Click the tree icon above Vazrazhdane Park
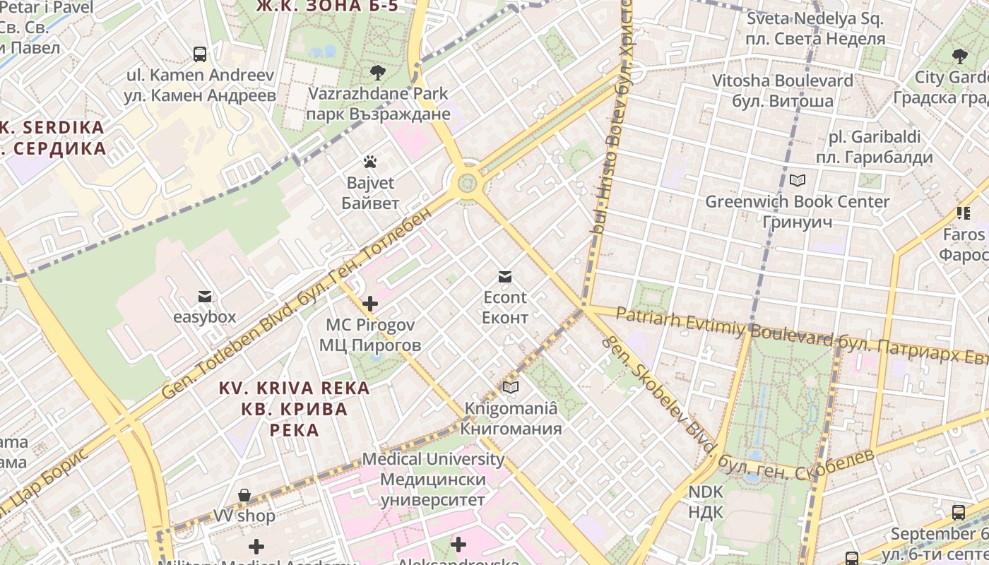pyautogui.click(x=378, y=71)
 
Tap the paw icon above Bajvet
pyautogui.click(x=370, y=162)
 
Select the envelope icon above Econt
pyautogui.click(x=505, y=276)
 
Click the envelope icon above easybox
pyautogui.click(x=205, y=296)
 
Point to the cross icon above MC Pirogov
pyautogui.click(x=370, y=304)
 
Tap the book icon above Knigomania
pyautogui.click(x=511, y=387)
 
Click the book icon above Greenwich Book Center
pyautogui.click(x=798, y=181)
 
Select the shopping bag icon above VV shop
pyautogui.click(x=244, y=495)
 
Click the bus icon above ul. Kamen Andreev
pyautogui.click(x=200, y=54)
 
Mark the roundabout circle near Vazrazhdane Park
pyautogui.click(x=467, y=184)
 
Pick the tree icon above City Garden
pyautogui.click(x=959, y=56)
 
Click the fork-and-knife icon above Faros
pyautogui.click(x=964, y=213)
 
